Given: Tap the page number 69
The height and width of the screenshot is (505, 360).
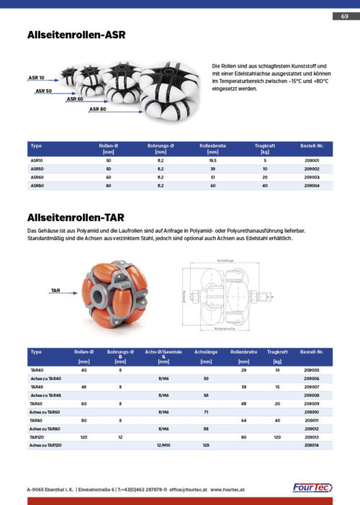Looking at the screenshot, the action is coord(343,16).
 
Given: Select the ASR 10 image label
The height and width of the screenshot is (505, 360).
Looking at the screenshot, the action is coord(36,77).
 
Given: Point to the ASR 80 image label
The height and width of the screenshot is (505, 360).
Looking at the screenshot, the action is coord(98,110).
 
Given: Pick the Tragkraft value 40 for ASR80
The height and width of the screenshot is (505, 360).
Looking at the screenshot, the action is coord(265,184).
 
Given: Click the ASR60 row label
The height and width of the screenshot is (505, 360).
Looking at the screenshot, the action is coord(37,176).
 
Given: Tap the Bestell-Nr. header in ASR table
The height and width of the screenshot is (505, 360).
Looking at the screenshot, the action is coord(312,146).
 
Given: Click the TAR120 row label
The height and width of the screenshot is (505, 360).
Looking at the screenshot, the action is coord(37,437).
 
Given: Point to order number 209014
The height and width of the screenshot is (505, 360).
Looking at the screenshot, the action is coord(312,446).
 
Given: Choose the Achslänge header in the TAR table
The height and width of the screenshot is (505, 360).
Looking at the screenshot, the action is coord(206,352).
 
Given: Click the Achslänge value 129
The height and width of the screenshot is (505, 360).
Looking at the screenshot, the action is coord(206,446).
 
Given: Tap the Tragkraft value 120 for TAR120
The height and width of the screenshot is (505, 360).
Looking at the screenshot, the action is coord(276,437).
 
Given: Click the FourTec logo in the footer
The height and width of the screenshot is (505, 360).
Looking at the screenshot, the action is coord(312,488).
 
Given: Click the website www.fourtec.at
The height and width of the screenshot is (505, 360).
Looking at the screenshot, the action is coord(230,488).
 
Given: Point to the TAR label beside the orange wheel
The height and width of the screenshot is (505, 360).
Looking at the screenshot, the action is coord(55,290).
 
